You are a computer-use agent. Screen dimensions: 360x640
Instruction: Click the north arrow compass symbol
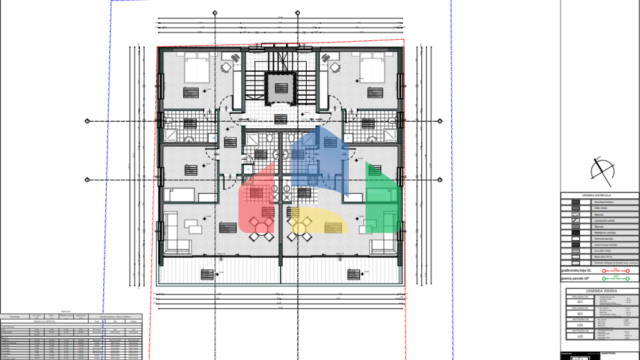coord(602,171)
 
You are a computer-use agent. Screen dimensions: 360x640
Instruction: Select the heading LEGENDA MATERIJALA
coord(599,195)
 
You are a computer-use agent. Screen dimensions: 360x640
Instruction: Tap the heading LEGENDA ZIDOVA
coord(601,291)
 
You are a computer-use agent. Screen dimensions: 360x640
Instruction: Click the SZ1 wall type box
coord(580,301)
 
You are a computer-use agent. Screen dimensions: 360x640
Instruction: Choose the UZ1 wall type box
coord(580,325)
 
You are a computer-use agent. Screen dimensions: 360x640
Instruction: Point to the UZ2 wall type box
coord(580,336)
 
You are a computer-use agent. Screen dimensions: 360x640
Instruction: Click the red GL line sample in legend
coord(615,271)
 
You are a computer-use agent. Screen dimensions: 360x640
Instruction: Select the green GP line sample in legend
coord(615,278)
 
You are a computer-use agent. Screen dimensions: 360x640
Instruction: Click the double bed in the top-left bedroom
coord(197,69)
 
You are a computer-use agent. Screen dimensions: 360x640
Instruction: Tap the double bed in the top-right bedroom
coord(372,69)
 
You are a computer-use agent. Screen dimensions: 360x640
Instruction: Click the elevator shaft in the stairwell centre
coord(281,88)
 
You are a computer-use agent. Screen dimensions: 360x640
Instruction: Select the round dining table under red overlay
coord(261,228)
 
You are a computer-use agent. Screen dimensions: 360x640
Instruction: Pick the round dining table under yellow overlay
coord(299,228)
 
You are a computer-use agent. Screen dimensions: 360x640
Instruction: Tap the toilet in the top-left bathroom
coord(169,121)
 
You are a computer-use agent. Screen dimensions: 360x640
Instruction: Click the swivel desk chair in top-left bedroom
coord(226,67)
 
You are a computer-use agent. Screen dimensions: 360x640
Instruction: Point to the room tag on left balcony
coord(207,274)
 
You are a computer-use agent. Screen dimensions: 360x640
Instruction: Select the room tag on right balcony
coord(353,274)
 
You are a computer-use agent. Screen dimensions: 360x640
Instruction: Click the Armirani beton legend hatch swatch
coord(576,202)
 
